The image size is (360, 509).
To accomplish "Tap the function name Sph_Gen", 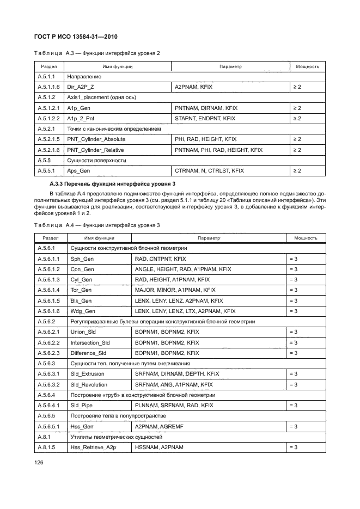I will coord(82,259).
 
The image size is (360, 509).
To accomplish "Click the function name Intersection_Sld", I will coord(90,343).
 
